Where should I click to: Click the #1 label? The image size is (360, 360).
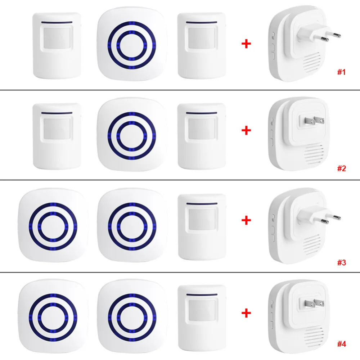point(341,72)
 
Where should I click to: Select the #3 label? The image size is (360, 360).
point(341,263)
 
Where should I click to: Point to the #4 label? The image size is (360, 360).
point(341,344)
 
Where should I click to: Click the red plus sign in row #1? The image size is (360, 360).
point(246,44)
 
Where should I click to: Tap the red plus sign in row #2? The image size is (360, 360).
point(246,130)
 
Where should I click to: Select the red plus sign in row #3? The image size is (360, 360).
point(246,220)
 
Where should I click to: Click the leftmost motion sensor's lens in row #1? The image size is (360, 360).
point(57,37)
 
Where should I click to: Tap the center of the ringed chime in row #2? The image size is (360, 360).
point(131,136)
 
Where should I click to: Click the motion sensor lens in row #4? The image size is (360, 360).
point(201,310)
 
